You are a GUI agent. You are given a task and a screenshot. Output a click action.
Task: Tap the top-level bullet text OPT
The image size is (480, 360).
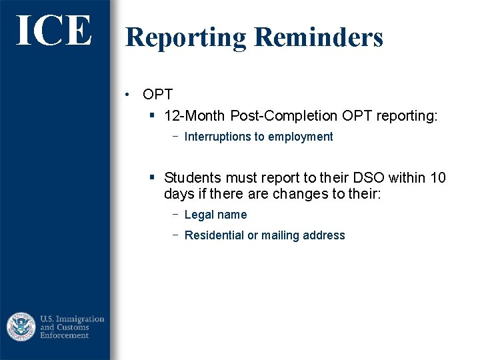[157, 95]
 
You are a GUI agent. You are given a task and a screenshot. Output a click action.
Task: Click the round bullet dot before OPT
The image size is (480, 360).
[127, 95]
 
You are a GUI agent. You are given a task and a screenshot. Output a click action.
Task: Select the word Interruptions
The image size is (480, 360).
[216, 137]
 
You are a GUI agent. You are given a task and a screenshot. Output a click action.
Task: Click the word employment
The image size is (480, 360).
[303, 137]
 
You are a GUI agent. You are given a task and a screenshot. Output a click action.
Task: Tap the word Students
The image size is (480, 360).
[192, 178]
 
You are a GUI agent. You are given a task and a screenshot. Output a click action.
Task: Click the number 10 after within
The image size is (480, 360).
[438, 178]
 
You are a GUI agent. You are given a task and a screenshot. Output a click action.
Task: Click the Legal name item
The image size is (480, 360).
[215, 215]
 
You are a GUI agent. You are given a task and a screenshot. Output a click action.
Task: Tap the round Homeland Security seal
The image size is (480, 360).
[21, 327]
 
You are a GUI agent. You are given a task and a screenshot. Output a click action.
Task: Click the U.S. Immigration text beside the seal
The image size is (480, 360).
[72, 319]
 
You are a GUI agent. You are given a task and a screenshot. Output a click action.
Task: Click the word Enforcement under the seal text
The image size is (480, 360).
[65, 335]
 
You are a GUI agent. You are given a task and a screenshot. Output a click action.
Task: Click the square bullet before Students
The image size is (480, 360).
[152, 178]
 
